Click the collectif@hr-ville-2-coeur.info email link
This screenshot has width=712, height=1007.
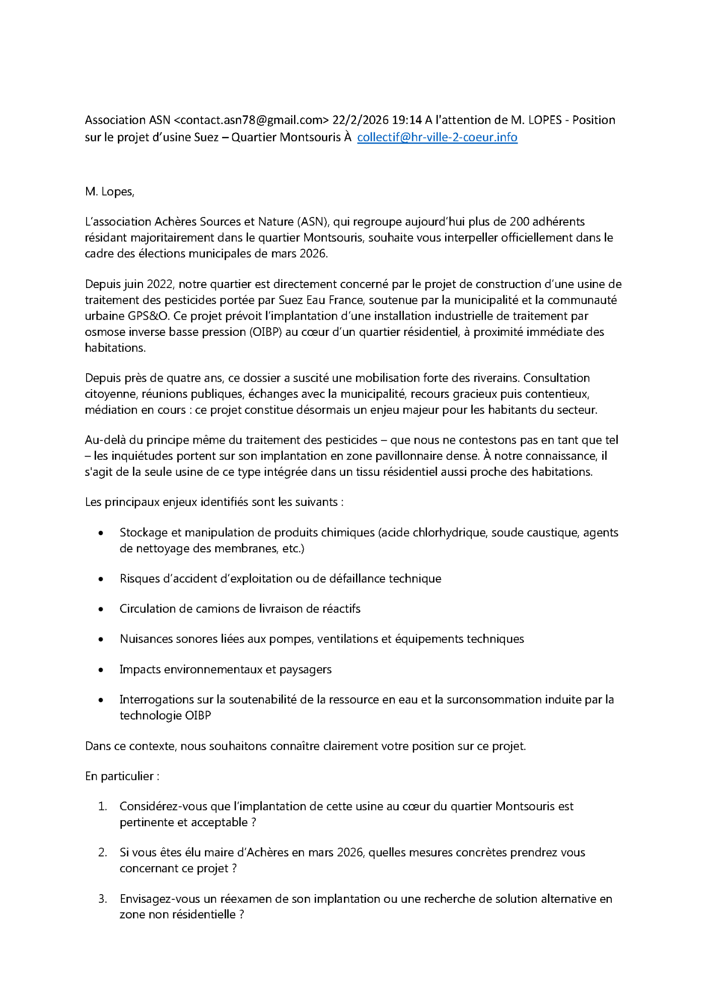[437, 137]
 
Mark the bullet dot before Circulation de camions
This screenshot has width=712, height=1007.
[101, 609]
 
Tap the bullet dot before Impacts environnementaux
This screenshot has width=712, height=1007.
[101, 670]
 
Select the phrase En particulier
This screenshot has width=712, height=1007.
[119, 776]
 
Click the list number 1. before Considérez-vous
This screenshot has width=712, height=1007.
[103, 807]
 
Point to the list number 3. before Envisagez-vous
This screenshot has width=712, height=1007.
[103, 899]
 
